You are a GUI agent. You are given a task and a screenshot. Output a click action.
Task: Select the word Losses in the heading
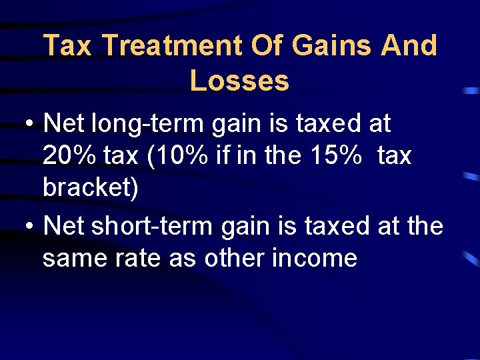click(239, 81)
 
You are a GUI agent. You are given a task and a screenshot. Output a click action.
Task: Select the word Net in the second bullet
click(63, 227)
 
